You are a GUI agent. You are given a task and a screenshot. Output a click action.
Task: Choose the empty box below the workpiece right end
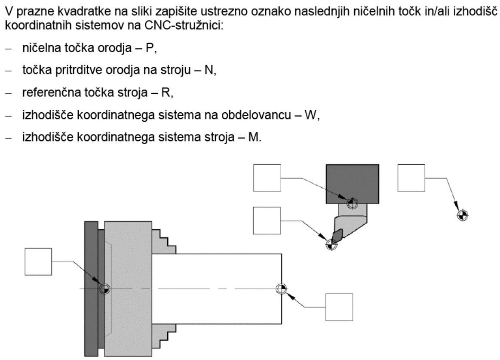[x=339, y=307]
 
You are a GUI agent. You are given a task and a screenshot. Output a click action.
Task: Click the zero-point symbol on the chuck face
[x=104, y=289]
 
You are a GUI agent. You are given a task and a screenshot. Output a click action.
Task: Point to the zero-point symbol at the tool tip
[x=331, y=244]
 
